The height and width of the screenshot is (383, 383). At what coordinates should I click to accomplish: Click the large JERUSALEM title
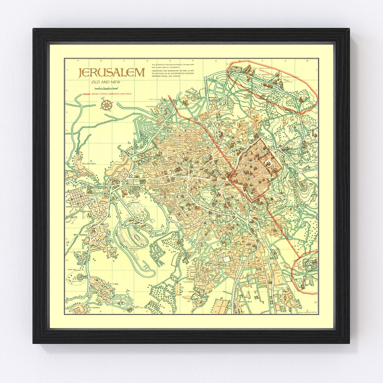(x=111, y=73)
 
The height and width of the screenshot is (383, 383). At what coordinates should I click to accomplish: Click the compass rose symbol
(x=107, y=104)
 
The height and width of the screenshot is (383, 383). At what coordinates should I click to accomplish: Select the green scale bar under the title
(x=105, y=89)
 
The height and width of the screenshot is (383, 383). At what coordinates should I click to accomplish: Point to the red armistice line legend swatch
(x=86, y=94)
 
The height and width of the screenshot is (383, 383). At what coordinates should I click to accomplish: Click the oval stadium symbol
(x=138, y=238)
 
